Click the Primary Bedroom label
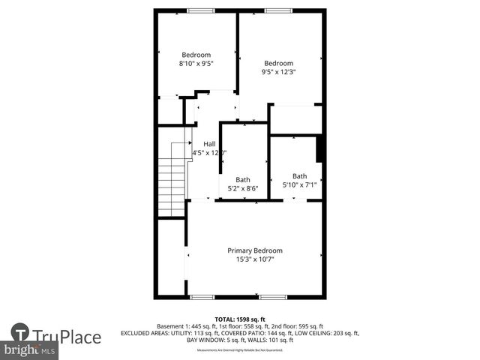255,250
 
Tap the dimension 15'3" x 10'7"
255,259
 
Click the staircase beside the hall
172,178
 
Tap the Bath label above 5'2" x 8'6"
243,180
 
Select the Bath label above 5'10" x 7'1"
299,176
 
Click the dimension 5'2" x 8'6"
243,189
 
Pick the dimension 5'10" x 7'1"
299,185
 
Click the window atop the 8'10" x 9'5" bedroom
199,10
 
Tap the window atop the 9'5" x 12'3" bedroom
277,10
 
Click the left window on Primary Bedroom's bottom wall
202,297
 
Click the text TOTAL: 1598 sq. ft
240,319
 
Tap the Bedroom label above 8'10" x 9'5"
196,55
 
